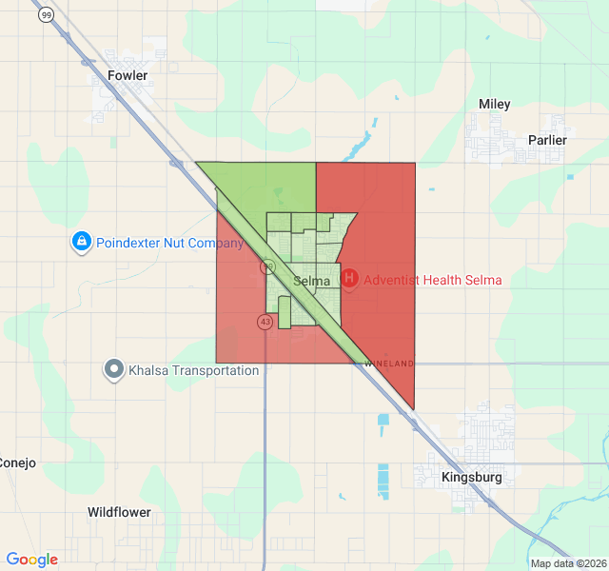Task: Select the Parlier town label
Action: pyautogui.click(x=547, y=140)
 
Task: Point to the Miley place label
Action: pyautogui.click(x=494, y=104)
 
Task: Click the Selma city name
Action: pyautogui.click(x=311, y=281)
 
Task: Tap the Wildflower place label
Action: pyautogui.click(x=119, y=512)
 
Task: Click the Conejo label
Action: pyautogui.click(x=17, y=463)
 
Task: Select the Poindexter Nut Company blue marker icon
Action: pyautogui.click(x=82, y=243)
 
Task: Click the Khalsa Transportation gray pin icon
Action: pyautogui.click(x=114, y=368)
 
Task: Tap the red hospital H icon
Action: pyautogui.click(x=350, y=279)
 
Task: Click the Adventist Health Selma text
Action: pyautogui.click(x=433, y=281)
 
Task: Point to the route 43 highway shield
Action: pyautogui.click(x=264, y=322)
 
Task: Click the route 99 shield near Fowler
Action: pyautogui.click(x=46, y=15)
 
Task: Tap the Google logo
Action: pyautogui.click(x=32, y=560)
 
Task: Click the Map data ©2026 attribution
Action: pyautogui.click(x=567, y=563)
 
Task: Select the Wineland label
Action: pyautogui.click(x=390, y=364)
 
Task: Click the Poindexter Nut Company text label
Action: pyautogui.click(x=170, y=243)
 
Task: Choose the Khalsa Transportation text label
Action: pyautogui.click(x=194, y=370)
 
